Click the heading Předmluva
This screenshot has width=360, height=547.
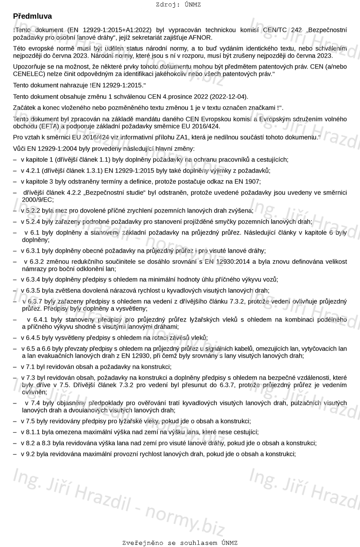pos(32,16)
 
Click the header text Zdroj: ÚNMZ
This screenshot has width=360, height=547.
pos(178,5)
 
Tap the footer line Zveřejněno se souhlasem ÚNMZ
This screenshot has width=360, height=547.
pos(180,543)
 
